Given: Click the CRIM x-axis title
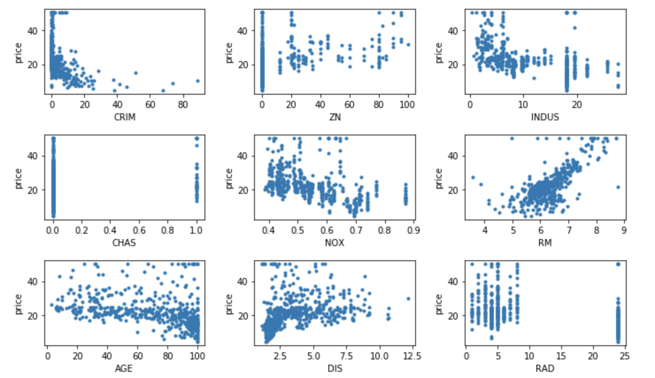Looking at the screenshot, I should coord(125,117).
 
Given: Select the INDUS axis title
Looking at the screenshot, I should coord(545,117).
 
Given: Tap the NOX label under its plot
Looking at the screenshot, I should coord(335,243).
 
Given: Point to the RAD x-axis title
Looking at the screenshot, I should coord(545,368).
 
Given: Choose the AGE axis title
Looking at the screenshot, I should coord(124,368).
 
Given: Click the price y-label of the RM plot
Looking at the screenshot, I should coord(439,178).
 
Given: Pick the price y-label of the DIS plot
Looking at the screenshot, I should coord(228,304).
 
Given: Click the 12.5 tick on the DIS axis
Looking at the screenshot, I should coord(412,356).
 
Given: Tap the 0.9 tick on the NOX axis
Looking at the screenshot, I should coord(413,230).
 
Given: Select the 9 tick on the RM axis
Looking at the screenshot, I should coord(624,230).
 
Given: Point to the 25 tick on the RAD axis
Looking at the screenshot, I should coord(624,356).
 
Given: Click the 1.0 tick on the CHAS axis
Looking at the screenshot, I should coord(196,230).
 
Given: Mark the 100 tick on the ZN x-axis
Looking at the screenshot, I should coord(407,104).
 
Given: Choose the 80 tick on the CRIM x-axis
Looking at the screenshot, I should coord(183,104).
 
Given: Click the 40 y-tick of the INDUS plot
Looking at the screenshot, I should coord(452,31).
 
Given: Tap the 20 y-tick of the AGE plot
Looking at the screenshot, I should coord(32,316).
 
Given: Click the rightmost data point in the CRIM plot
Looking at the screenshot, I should coord(198,81).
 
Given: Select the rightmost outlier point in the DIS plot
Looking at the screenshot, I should coord(408,299).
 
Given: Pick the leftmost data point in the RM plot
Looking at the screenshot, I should coord(473,177).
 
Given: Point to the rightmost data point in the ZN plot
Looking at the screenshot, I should coord(408,45).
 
